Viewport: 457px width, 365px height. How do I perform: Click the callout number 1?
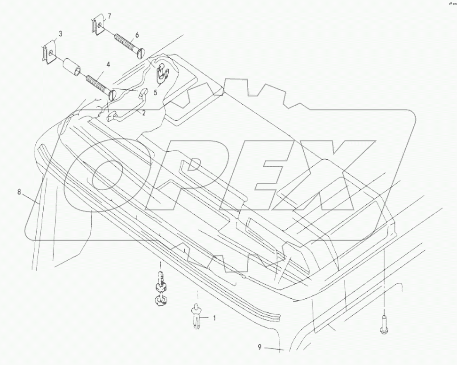214,318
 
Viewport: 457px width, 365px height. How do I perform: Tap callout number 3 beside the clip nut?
61,33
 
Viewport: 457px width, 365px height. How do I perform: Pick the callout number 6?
137,35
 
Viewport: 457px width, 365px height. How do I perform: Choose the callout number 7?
109,16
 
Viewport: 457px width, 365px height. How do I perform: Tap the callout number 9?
260,347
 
